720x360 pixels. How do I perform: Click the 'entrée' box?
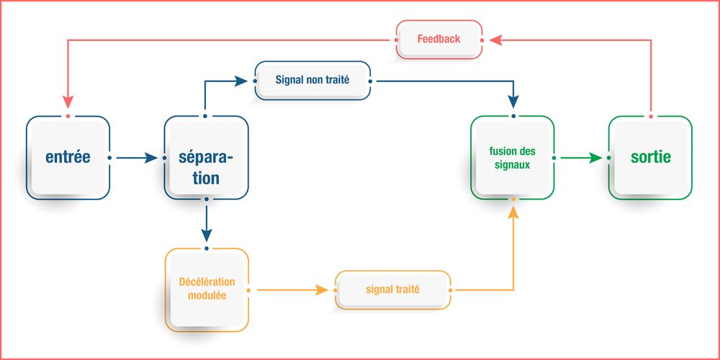point(68,157)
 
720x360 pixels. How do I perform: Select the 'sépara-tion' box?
point(207,157)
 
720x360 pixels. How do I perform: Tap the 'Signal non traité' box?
point(312,80)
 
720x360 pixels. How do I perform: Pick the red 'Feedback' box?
point(438,38)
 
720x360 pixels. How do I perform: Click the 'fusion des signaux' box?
point(512,157)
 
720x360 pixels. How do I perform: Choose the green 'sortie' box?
point(650,157)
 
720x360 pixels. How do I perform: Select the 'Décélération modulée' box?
point(207,289)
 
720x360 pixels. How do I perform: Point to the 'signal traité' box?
point(393,289)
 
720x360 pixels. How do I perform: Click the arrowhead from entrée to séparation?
point(151,157)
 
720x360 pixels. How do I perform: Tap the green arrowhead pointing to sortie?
point(595,157)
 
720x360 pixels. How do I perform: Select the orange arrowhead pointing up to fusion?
point(513,211)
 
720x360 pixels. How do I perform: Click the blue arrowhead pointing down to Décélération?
point(207,235)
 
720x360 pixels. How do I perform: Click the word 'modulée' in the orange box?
point(207,296)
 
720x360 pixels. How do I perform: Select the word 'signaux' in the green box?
point(512,164)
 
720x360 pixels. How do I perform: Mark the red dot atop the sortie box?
point(651,116)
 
